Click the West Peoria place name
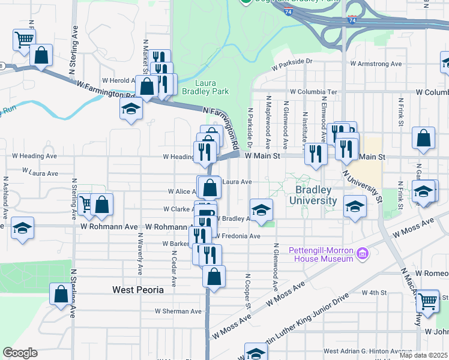pos(138,290)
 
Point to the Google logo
pos(20,353)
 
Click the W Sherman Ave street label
pos(178,311)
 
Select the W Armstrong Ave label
pos(376,63)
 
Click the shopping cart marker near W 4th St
pos(427,301)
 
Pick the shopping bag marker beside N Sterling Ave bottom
pos(61,295)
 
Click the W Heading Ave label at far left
pos(38,156)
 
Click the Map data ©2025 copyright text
pos(424,355)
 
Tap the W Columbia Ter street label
pos(313,92)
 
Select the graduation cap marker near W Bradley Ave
pos(261,210)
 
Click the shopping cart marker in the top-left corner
pos(23,40)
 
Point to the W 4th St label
pos(374,292)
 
